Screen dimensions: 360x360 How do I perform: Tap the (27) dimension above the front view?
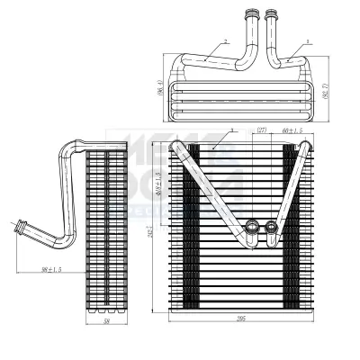tap(262, 130)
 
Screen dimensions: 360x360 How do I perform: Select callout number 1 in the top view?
tap(308, 41)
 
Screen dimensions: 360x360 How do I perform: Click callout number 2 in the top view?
tap(226, 41)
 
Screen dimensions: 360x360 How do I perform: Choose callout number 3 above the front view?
tap(232, 131)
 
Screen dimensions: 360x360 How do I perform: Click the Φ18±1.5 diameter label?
tap(160, 179)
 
